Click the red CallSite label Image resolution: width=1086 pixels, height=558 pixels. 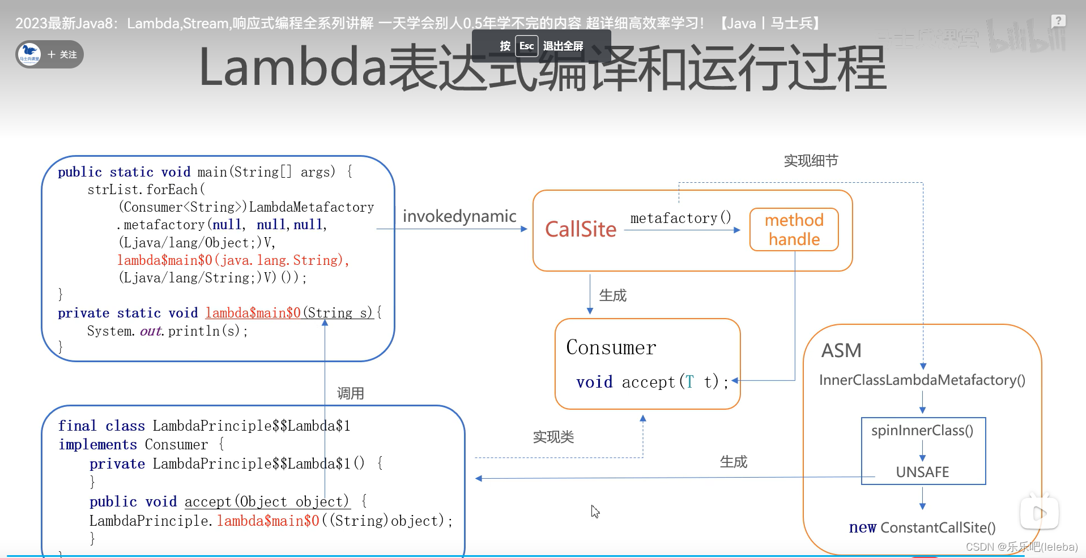(580, 229)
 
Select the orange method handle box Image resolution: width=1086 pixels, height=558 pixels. (794, 229)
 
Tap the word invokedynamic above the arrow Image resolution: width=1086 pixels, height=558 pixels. (459, 216)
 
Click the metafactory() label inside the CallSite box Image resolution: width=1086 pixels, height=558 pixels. (680, 218)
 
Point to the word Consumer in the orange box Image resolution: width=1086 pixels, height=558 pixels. (611, 347)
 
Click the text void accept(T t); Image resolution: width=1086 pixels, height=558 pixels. (652, 382)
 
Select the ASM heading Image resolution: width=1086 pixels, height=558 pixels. (841, 350)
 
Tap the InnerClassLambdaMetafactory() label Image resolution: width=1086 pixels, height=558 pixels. (922, 380)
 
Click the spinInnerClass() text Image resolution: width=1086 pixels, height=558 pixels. (922, 431)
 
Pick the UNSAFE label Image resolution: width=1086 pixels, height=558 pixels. (922, 472)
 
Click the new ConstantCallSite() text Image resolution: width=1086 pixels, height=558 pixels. (922, 527)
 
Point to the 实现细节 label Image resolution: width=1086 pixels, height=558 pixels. (811, 161)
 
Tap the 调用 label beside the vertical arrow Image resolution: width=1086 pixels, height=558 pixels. (350, 393)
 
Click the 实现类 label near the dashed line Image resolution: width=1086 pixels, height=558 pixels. (553, 437)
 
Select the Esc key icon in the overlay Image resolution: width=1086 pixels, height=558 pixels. (526, 46)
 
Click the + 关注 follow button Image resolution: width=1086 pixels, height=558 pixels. (62, 54)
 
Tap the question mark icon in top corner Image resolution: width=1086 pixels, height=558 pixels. (1058, 21)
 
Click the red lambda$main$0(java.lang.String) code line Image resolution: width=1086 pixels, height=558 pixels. (233, 260)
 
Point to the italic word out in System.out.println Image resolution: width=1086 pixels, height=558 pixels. (151, 331)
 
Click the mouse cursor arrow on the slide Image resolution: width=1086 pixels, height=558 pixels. (594, 511)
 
